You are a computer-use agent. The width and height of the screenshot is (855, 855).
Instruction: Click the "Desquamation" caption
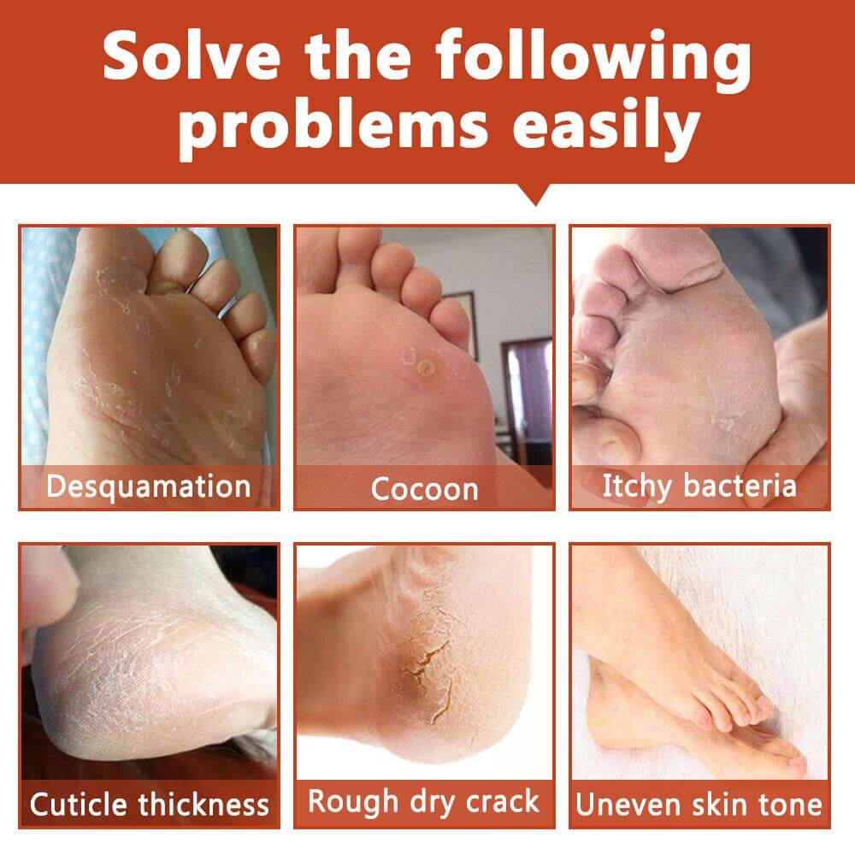click(x=148, y=486)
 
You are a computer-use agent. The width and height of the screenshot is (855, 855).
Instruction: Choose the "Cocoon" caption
click(x=424, y=489)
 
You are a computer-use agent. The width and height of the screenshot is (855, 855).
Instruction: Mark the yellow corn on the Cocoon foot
click(x=424, y=369)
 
